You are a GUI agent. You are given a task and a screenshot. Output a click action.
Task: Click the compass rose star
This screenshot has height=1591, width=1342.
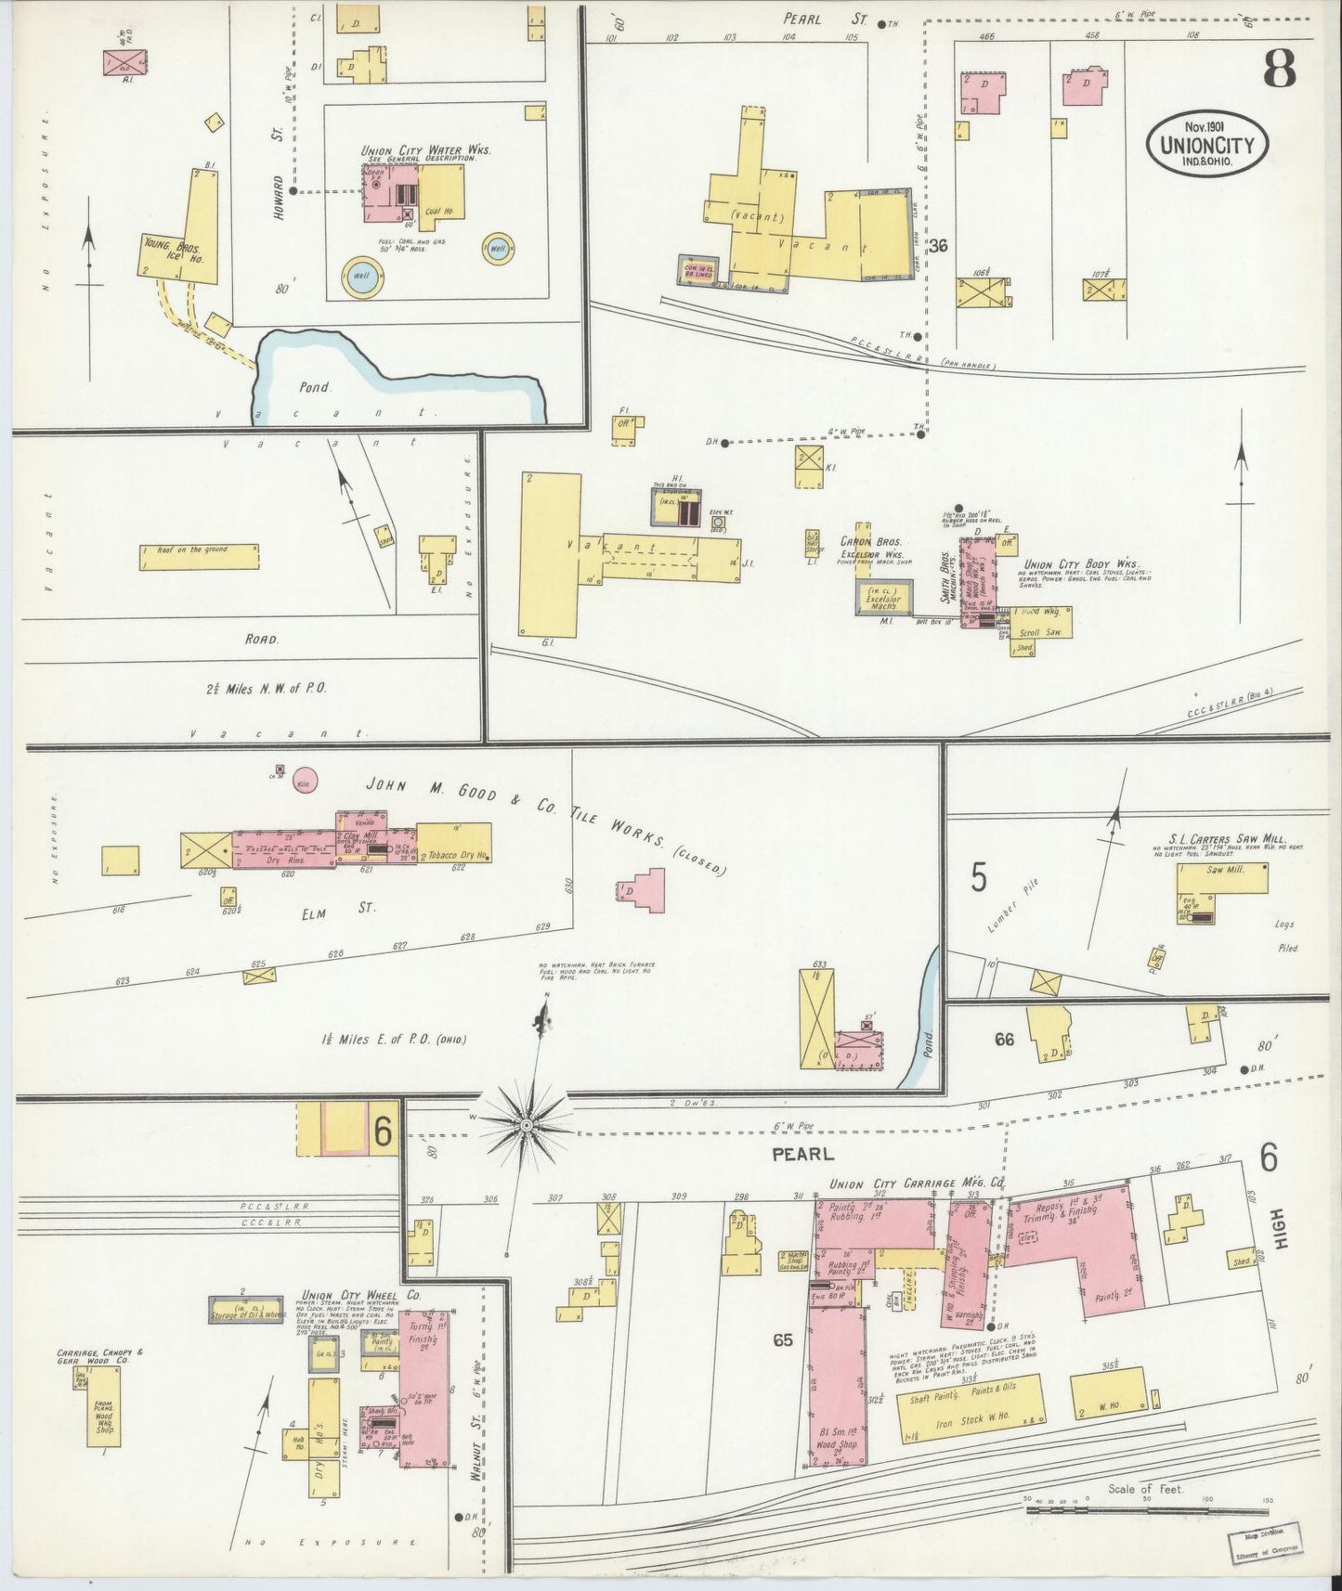click(x=526, y=1124)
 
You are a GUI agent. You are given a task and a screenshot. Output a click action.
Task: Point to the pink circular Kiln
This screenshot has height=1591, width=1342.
click(x=305, y=780)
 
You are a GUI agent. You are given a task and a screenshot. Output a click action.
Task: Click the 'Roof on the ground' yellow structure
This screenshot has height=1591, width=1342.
click(x=199, y=556)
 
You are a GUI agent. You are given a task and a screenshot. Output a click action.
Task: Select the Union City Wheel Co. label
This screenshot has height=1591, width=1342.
click(x=361, y=1294)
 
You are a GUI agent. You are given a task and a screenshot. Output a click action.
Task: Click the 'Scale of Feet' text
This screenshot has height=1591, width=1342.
click(x=1144, y=1515)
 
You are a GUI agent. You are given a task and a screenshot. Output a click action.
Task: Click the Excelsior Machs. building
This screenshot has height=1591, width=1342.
click(x=883, y=599)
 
